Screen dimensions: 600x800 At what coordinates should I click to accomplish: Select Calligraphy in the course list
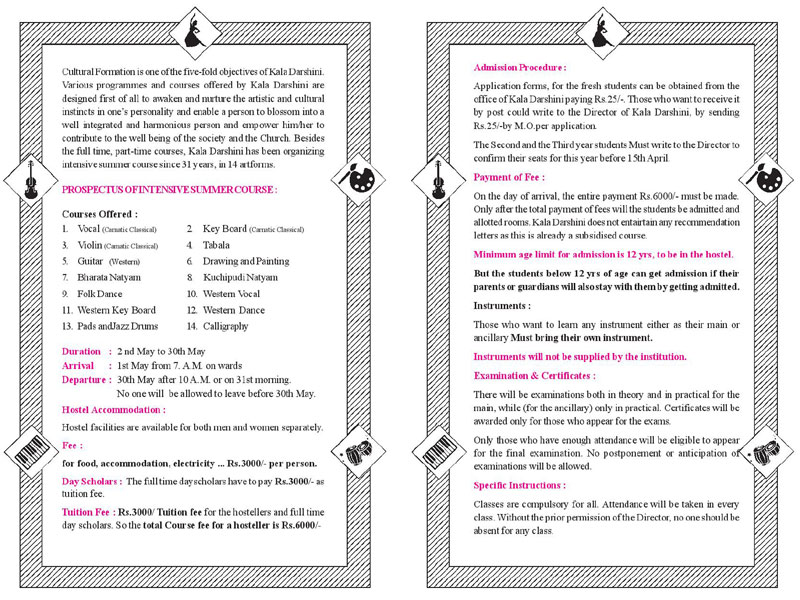[226, 326]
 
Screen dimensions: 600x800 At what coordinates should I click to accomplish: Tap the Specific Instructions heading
[519, 485]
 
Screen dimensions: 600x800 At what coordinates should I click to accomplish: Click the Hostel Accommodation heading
[114, 410]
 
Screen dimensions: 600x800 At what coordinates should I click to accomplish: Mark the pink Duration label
[81, 352]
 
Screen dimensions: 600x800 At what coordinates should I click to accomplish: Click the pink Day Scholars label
[92, 482]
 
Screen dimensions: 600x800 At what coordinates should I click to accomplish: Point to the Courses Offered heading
[100, 214]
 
